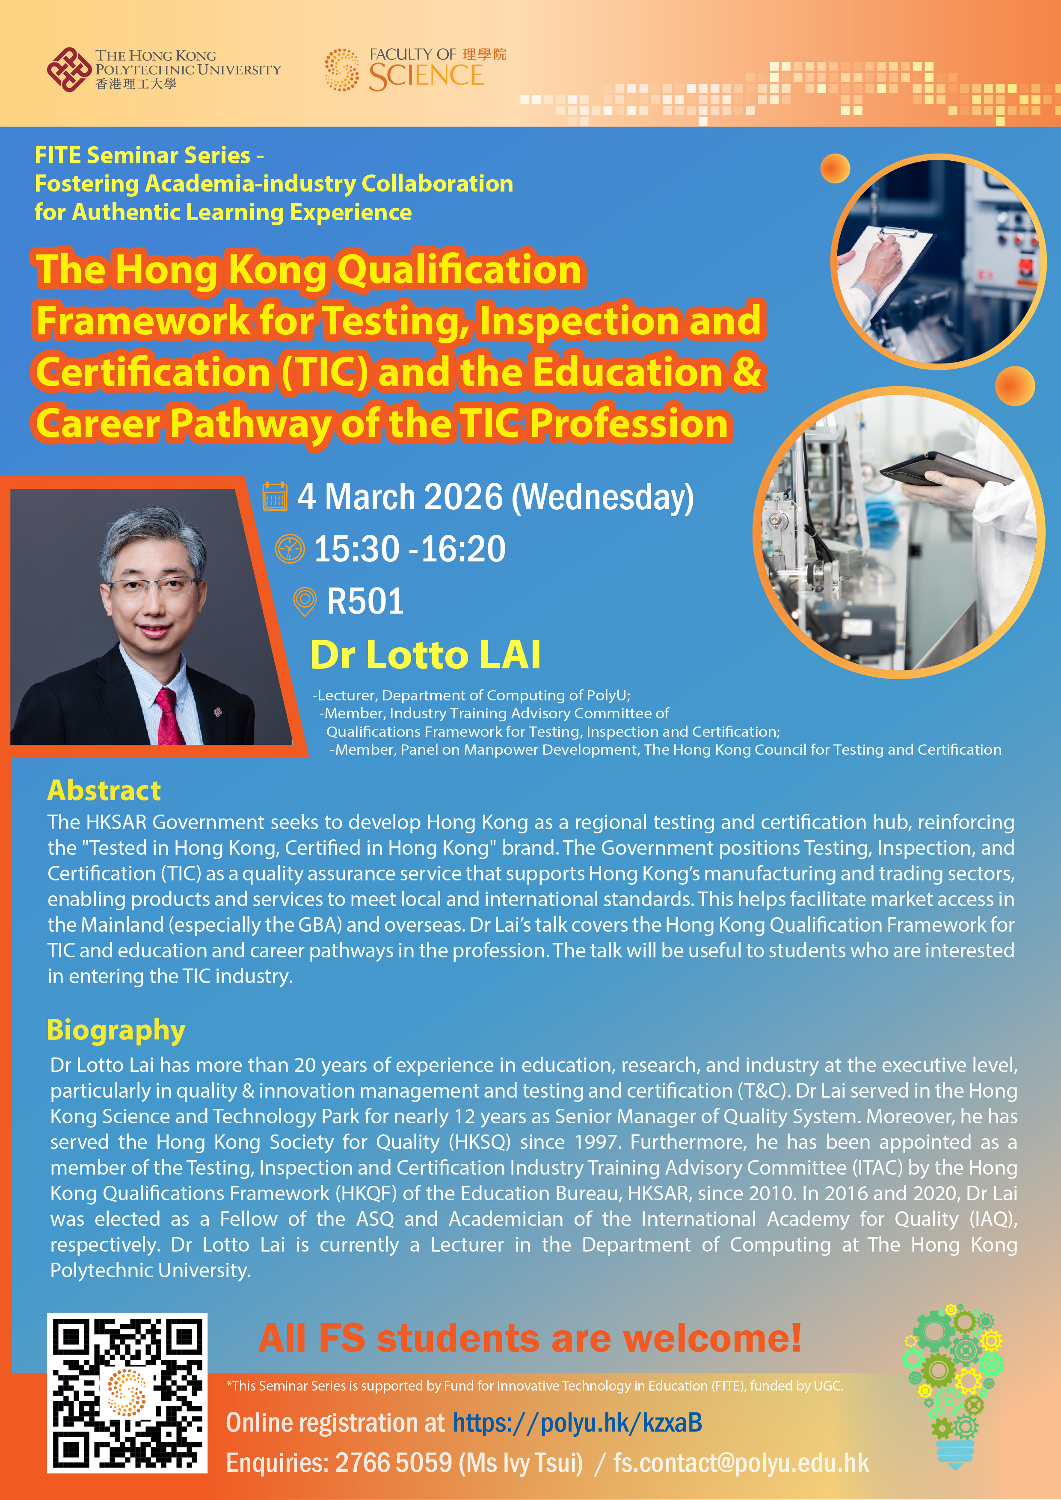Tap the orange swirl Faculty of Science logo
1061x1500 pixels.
click(341, 69)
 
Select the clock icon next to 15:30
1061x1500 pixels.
click(290, 549)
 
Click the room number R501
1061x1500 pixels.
click(365, 601)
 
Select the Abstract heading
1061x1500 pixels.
click(104, 791)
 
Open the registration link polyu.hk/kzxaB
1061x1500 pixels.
click(578, 1423)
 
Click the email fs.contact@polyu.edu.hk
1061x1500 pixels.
click(741, 1463)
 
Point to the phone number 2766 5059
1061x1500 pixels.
click(394, 1463)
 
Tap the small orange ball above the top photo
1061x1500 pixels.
click(836, 168)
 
